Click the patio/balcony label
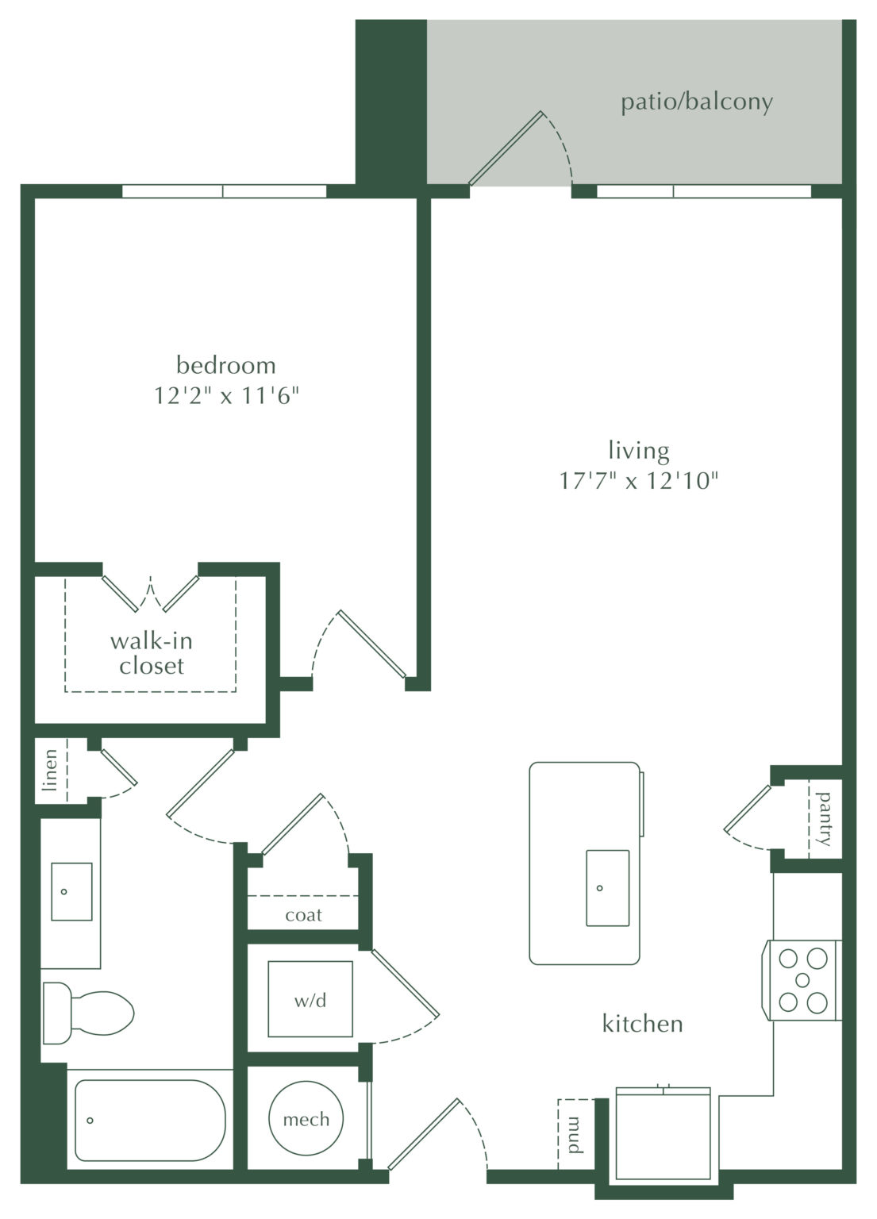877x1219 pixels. (x=696, y=102)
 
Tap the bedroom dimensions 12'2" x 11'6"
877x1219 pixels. (x=226, y=395)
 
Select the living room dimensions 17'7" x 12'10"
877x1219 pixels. (x=639, y=481)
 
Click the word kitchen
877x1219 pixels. (x=642, y=1024)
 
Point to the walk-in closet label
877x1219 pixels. (x=151, y=653)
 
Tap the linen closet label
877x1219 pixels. (x=51, y=770)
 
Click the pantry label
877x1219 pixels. (x=825, y=818)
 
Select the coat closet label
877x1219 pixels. (x=303, y=915)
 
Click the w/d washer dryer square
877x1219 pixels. (x=310, y=999)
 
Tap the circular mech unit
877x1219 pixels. (x=306, y=1119)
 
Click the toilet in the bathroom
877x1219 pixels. (x=87, y=1013)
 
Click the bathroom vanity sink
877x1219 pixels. (x=71, y=891)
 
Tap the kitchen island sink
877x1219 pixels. (x=607, y=888)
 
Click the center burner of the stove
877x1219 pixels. (x=802, y=979)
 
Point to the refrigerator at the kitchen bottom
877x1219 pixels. (x=664, y=1135)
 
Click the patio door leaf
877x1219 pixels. (x=505, y=148)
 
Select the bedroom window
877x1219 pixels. (x=224, y=190)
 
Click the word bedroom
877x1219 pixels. (x=226, y=366)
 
